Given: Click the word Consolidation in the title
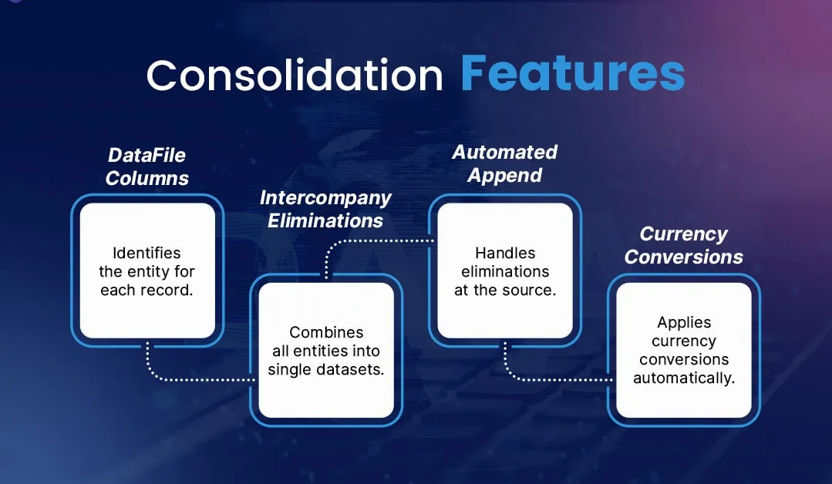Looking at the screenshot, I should click(295, 76).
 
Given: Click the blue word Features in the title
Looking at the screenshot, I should click(572, 74).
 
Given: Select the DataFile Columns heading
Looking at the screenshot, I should click(147, 166).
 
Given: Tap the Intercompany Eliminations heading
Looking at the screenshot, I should click(325, 209).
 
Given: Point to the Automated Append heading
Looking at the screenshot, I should click(504, 163).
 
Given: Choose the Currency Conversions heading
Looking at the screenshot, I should click(683, 245).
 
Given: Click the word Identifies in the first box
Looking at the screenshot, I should click(147, 253).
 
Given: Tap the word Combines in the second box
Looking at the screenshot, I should click(325, 333).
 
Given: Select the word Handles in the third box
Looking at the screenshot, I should click(504, 253).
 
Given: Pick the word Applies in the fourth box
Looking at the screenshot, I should click(684, 323).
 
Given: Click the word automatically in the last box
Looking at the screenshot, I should click(684, 378).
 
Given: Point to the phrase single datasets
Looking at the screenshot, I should click(325, 370).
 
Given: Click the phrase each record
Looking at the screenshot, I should click(147, 290).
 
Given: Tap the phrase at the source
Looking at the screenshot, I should click(504, 290).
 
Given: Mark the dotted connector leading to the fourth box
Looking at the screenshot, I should click(555, 379).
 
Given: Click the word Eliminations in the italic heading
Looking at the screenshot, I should click(325, 220).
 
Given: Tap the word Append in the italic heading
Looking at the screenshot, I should click(504, 175).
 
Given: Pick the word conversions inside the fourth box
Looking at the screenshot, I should click(684, 360).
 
